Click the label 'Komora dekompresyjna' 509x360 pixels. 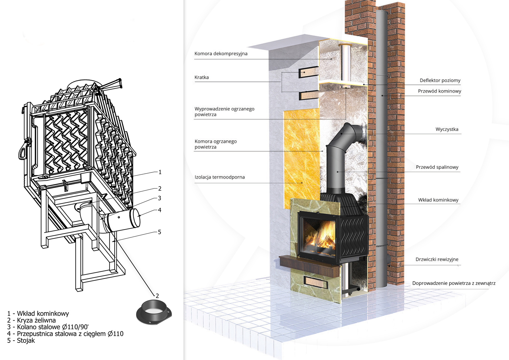[x=221, y=54]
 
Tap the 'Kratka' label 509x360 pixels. [x=202, y=77]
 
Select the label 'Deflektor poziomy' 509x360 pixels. [x=440, y=80]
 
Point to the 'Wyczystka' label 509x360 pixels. [x=447, y=129]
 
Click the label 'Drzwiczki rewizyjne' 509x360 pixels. [x=437, y=259]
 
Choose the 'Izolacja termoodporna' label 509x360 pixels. [x=220, y=177]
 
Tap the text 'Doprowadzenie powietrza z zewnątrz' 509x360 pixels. [x=454, y=283]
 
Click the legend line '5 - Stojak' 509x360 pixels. [x=21, y=340]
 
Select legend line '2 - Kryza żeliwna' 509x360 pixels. [x=31, y=320]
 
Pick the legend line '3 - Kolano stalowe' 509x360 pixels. [x=48, y=327]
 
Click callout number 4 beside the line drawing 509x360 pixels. [x=160, y=210]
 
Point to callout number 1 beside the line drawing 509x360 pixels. [x=160, y=172]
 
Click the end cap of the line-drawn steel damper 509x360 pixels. [x=135, y=217]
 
